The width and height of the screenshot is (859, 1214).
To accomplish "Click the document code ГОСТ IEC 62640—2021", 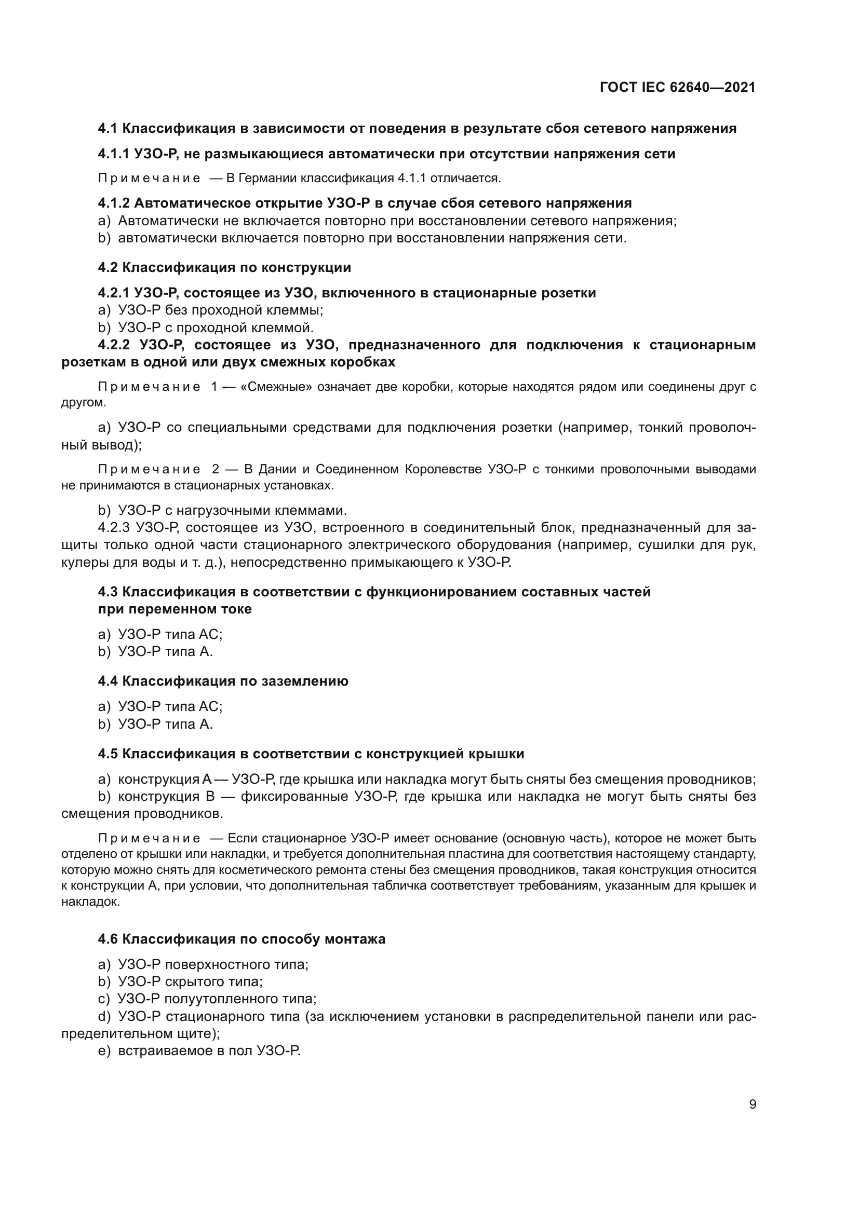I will (x=678, y=87).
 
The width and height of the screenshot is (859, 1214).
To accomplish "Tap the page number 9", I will (x=752, y=1104).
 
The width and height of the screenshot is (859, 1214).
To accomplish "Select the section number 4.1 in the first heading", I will (x=108, y=129).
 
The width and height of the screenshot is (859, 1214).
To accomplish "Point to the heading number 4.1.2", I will (x=114, y=203).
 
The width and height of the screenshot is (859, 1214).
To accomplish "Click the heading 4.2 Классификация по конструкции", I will (x=224, y=267).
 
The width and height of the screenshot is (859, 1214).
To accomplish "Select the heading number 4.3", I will (x=108, y=592).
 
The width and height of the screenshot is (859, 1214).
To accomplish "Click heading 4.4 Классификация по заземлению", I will (x=223, y=681).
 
